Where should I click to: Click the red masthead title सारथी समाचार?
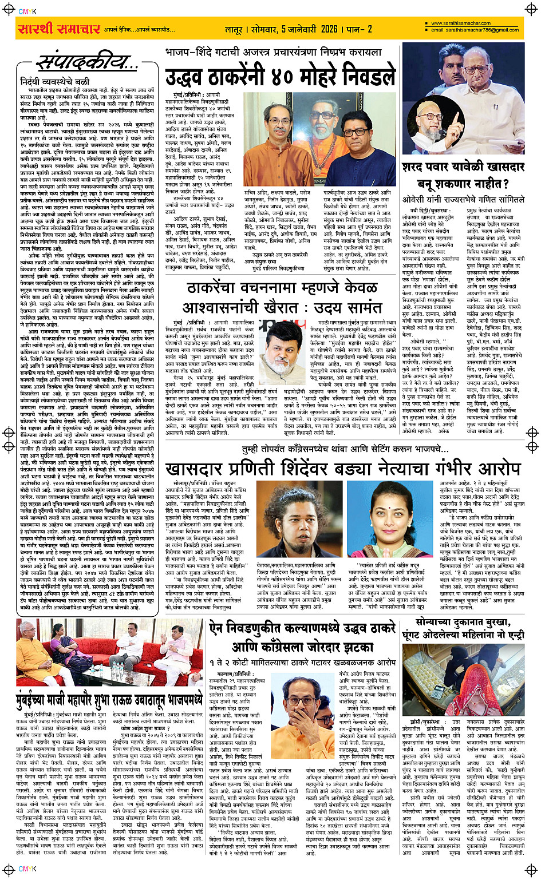[x=60, y=29]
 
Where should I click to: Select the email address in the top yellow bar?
[x=475, y=30]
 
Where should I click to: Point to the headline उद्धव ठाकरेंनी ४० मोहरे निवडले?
[x=281, y=77]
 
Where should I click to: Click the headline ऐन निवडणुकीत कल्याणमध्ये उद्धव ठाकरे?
[x=302, y=628]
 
